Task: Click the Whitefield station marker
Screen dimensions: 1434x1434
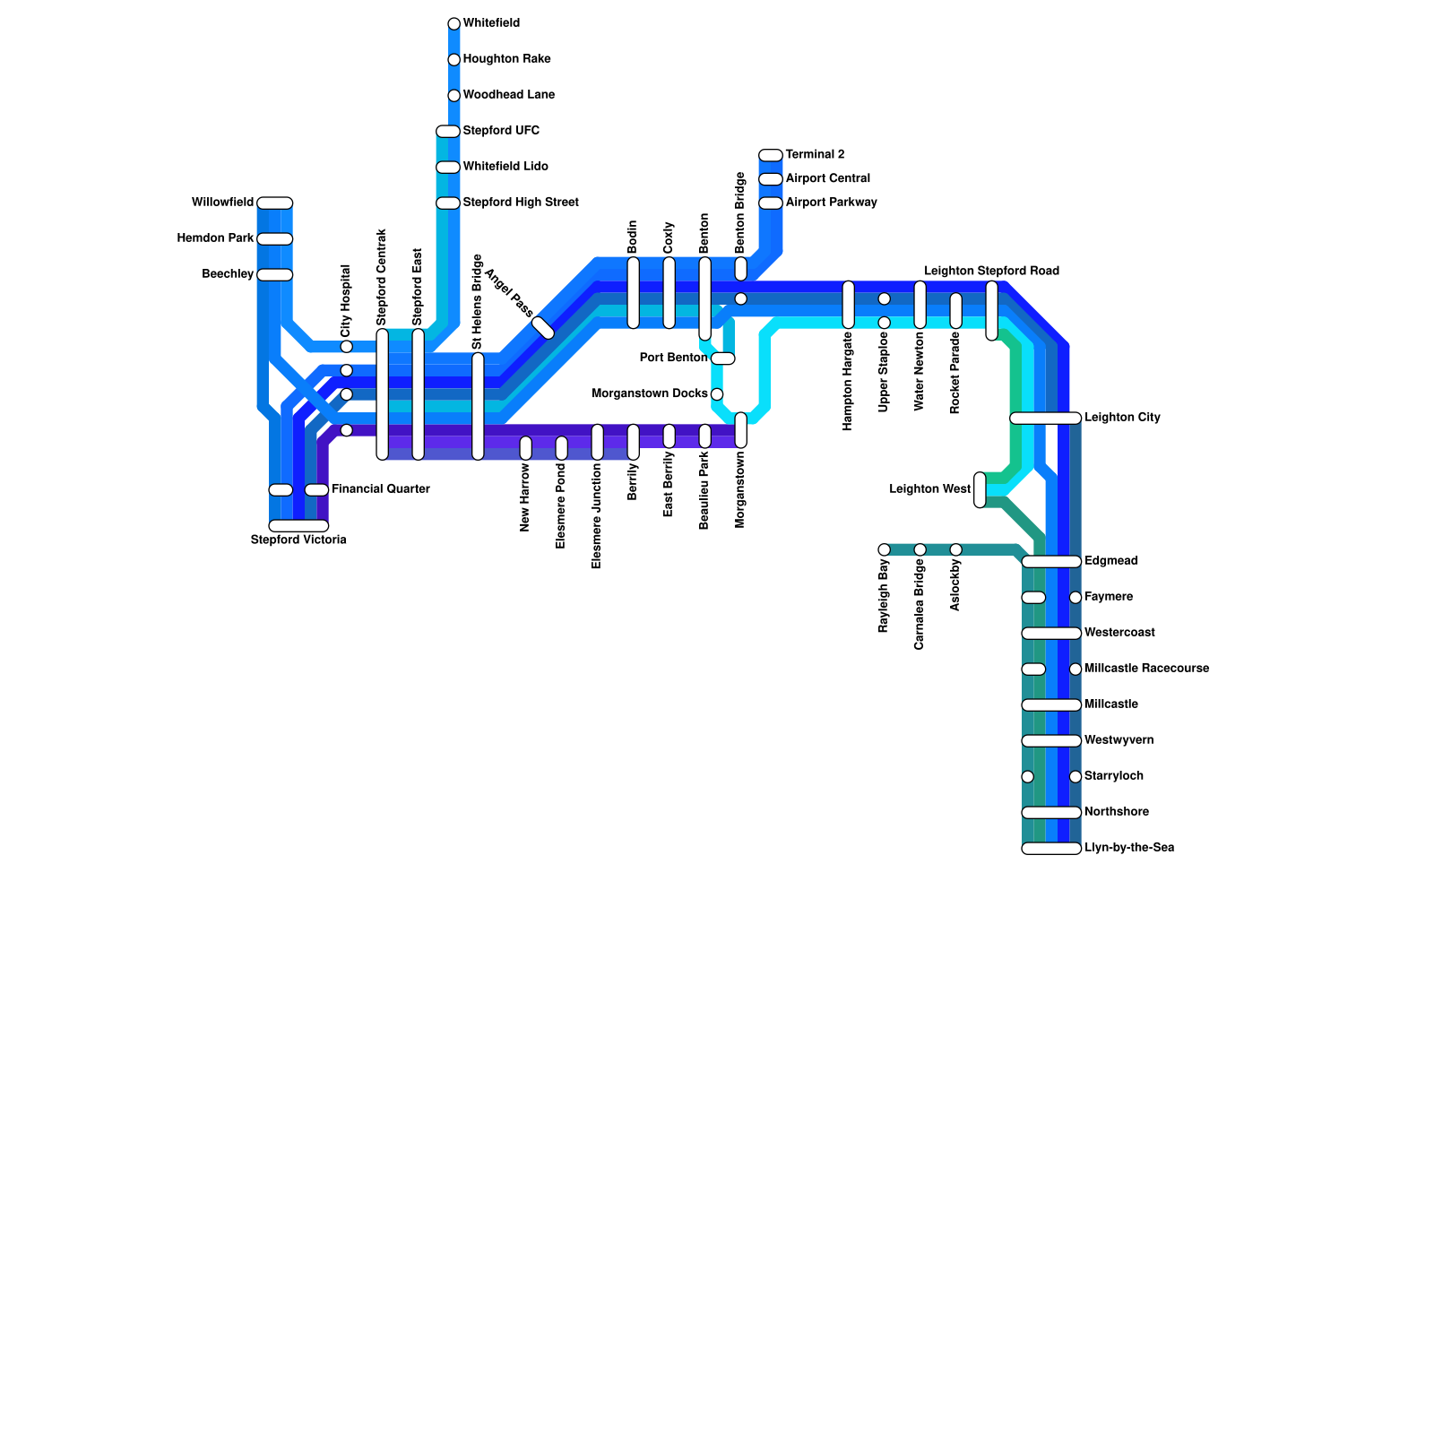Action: click(x=454, y=24)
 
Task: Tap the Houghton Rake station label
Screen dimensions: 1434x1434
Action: click(x=506, y=59)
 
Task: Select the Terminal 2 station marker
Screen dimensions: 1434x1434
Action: click(x=771, y=155)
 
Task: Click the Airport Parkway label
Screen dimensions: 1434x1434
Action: click(x=831, y=203)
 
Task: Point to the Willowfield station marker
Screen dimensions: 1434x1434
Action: click(x=275, y=203)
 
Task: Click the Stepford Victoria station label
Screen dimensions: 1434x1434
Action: click(x=298, y=540)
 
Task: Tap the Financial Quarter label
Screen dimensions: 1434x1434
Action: click(x=380, y=489)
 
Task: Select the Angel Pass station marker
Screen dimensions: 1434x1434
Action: click(x=543, y=328)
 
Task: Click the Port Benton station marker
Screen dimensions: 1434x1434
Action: click(x=723, y=358)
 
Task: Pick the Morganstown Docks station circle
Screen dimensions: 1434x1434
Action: click(x=717, y=394)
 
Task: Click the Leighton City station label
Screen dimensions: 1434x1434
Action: click(x=1122, y=418)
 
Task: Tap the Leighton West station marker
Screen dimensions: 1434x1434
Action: click(x=980, y=490)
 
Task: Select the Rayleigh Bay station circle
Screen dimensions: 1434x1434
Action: click(x=885, y=549)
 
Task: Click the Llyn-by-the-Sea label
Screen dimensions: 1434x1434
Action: click(x=1128, y=848)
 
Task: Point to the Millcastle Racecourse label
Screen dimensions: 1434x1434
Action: click(x=1146, y=669)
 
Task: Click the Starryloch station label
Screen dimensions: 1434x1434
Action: click(x=1113, y=776)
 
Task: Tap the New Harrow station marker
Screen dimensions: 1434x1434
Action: click(x=526, y=448)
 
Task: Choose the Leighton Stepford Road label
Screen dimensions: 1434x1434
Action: click(x=991, y=271)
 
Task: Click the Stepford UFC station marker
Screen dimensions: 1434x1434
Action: click(x=448, y=132)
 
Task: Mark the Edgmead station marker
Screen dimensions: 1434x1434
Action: click(x=1051, y=562)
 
